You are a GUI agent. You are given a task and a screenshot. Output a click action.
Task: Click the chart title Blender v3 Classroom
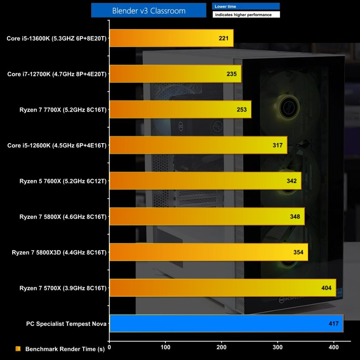[149, 11]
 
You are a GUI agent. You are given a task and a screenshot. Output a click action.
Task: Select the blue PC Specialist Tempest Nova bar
[226, 323]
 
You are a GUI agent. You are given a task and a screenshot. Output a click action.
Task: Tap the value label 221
[224, 38]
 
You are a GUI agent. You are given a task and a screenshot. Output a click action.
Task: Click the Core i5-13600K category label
[57, 38]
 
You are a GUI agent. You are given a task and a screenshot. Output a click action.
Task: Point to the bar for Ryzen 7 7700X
[180, 110]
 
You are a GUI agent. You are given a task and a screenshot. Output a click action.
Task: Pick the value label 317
[277, 145]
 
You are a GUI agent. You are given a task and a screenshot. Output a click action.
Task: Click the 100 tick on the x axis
[165, 347]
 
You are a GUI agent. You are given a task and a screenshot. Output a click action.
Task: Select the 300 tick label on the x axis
[278, 347]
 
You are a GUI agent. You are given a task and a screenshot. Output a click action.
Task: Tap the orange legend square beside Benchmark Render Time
[18, 349]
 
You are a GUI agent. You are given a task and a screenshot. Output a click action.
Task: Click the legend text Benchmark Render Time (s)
[65, 349]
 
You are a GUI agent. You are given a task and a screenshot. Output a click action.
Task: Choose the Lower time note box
[246, 6]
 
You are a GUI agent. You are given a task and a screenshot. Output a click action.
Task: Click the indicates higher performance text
[246, 15]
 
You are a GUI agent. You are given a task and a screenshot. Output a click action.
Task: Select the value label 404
[326, 288]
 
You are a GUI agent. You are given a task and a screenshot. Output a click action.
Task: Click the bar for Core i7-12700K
[175, 74]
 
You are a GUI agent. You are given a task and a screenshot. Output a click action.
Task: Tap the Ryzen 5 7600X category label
[63, 181]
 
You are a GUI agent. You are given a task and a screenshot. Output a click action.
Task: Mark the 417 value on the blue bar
[334, 323]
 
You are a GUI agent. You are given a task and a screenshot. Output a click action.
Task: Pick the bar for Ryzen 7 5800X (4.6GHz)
[207, 217]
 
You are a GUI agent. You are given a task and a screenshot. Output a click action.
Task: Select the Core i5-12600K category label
[57, 145]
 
